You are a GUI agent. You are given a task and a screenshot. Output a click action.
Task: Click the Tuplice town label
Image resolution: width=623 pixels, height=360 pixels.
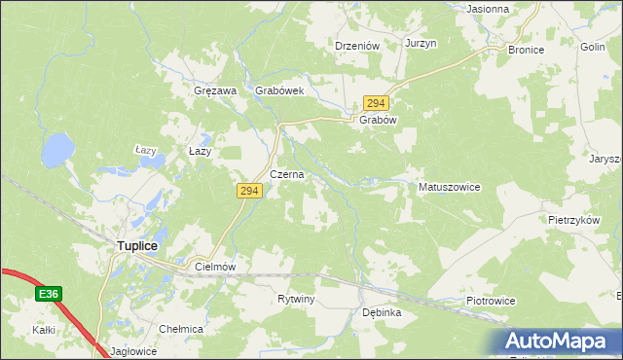(x=137, y=246)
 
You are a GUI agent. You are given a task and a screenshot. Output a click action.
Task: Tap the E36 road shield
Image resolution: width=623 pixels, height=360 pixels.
(x=51, y=292)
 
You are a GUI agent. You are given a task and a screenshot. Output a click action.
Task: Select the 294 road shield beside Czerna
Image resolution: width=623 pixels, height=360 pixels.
(x=247, y=192)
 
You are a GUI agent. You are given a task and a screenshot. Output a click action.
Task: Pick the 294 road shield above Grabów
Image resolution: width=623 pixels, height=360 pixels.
(x=377, y=103)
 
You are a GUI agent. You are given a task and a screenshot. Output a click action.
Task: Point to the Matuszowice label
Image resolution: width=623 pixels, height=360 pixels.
(x=449, y=187)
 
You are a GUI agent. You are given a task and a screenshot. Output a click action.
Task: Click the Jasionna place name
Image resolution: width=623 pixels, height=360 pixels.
(x=488, y=9)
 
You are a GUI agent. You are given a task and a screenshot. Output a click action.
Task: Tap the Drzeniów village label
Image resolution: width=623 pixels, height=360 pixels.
(x=356, y=45)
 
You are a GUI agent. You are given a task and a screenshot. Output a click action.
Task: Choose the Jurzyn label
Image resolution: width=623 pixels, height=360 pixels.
(x=421, y=44)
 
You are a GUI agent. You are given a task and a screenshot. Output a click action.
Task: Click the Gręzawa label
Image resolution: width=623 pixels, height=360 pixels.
(x=215, y=90)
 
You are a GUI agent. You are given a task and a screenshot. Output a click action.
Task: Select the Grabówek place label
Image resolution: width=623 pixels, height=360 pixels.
(x=280, y=90)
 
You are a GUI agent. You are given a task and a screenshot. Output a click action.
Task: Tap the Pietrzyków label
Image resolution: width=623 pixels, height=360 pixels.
(x=572, y=221)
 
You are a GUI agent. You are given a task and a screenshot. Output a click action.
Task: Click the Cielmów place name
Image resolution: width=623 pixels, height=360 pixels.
(x=216, y=266)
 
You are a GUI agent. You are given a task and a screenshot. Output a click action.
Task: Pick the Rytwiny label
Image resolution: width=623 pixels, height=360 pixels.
(x=296, y=299)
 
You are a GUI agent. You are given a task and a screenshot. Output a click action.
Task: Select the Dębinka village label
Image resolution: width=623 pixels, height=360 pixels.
(x=382, y=312)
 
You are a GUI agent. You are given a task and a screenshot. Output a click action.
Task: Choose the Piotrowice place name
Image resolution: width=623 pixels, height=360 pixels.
(x=490, y=301)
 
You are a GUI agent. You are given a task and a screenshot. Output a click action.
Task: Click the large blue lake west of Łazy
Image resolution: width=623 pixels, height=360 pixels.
(x=56, y=151)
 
